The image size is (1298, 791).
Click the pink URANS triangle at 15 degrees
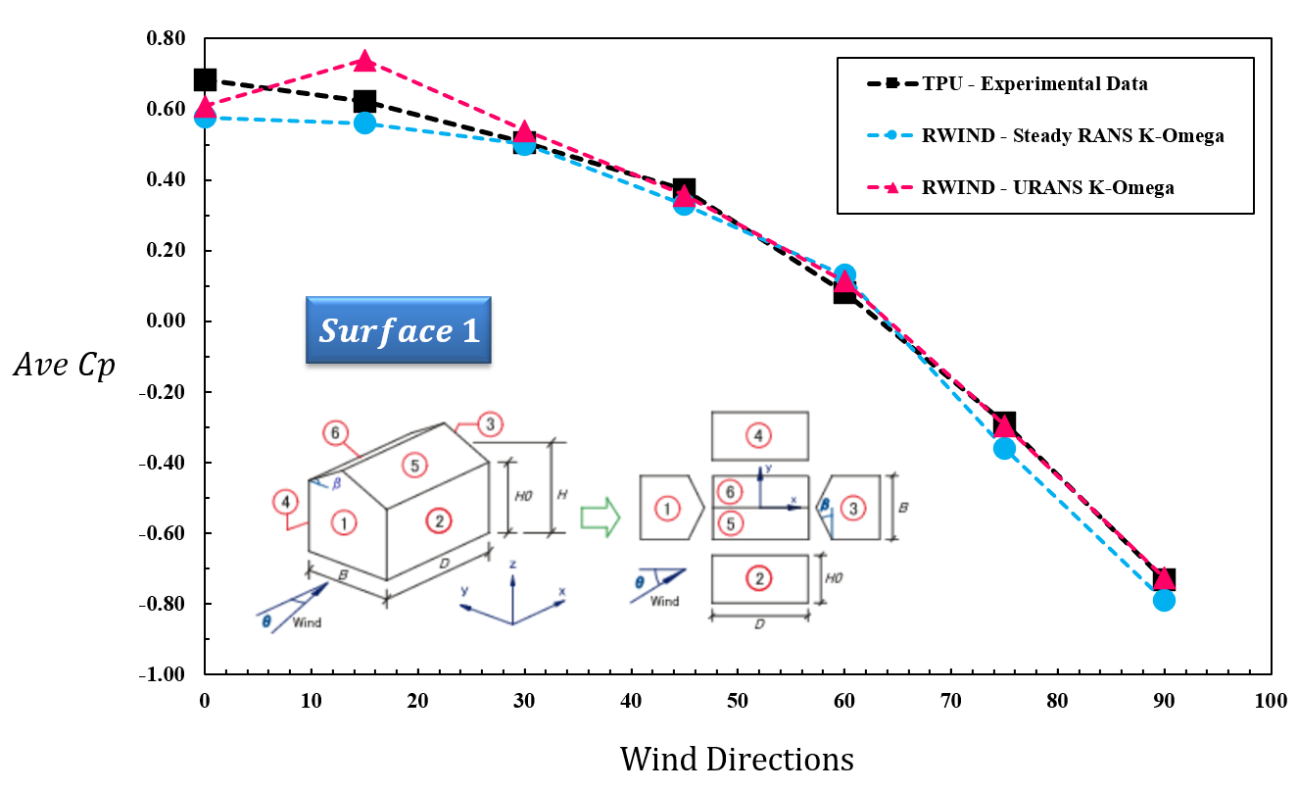click(364, 62)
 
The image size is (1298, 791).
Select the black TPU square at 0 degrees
click(205, 80)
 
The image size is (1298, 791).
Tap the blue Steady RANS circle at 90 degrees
click(1164, 600)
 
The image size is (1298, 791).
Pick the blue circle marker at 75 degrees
click(1004, 448)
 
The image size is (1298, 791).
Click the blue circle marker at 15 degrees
click(364, 123)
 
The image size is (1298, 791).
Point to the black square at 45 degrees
click(685, 189)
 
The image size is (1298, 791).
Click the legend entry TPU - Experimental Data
click(1034, 84)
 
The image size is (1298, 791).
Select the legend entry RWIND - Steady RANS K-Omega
click(1072, 136)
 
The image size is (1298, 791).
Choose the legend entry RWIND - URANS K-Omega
click(1047, 188)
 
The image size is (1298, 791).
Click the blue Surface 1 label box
click(398, 331)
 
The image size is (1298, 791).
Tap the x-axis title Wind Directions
click(737, 760)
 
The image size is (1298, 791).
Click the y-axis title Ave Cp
click(65, 366)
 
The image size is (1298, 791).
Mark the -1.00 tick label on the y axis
click(164, 675)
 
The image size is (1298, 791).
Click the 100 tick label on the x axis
click(1271, 702)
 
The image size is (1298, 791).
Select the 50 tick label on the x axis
click(738, 702)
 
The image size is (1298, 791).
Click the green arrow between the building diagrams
click(601, 517)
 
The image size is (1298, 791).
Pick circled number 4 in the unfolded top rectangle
click(758, 434)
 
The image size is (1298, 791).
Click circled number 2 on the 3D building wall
click(440, 521)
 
